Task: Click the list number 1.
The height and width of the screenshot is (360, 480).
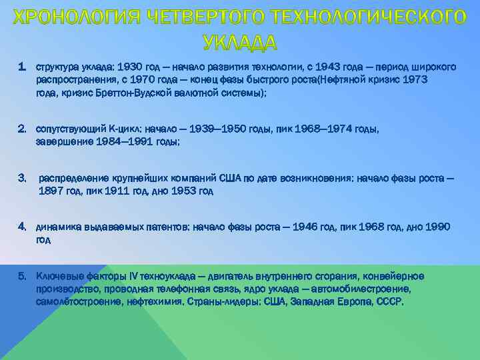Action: point(22,68)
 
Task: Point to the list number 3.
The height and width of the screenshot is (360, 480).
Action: point(22,178)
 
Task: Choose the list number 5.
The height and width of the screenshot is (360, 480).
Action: point(22,276)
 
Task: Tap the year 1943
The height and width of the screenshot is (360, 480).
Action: point(322,68)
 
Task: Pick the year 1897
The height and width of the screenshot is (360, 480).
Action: point(53,191)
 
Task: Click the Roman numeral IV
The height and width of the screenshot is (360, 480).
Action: point(134,276)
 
